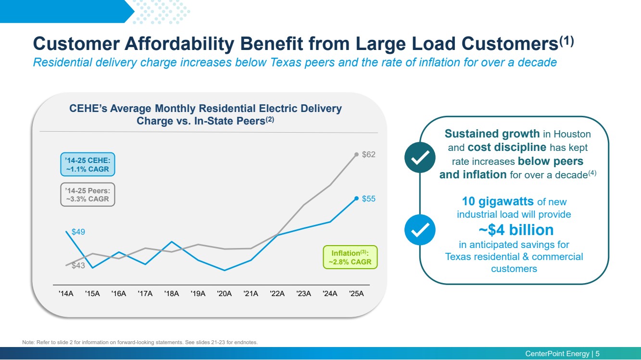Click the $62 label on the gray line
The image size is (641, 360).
pyautogui.click(x=368, y=155)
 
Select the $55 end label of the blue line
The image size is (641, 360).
pyautogui.click(x=368, y=199)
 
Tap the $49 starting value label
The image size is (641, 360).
pyautogui.click(x=78, y=232)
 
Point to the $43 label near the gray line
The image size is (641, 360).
pyautogui.click(x=78, y=266)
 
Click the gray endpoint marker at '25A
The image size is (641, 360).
pyautogui.click(x=356, y=154)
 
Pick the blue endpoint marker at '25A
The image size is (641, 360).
pyautogui.click(x=356, y=199)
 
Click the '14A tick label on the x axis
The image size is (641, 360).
pyautogui.click(x=66, y=294)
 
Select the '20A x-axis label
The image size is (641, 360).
pyautogui.click(x=225, y=294)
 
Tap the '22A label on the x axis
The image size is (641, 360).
pyautogui.click(x=277, y=294)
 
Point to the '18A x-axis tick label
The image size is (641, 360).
pyautogui.click(x=171, y=294)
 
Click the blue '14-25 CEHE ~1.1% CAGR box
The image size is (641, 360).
pyautogui.click(x=88, y=164)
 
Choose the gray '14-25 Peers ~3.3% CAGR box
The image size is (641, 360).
pyautogui.click(x=88, y=195)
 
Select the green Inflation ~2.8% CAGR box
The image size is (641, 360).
pyautogui.click(x=350, y=257)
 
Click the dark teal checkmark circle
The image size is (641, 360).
pyautogui.click(x=420, y=157)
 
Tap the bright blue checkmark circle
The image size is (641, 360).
pyautogui.click(x=420, y=230)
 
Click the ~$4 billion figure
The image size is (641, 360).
pyautogui.click(x=516, y=230)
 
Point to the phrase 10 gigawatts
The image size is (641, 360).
pyautogui.click(x=498, y=201)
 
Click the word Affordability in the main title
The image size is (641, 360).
pyautogui.click(x=179, y=44)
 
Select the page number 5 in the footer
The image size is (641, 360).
pyautogui.click(x=598, y=354)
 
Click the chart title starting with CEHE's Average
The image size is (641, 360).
pyautogui.click(x=205, y=115)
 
